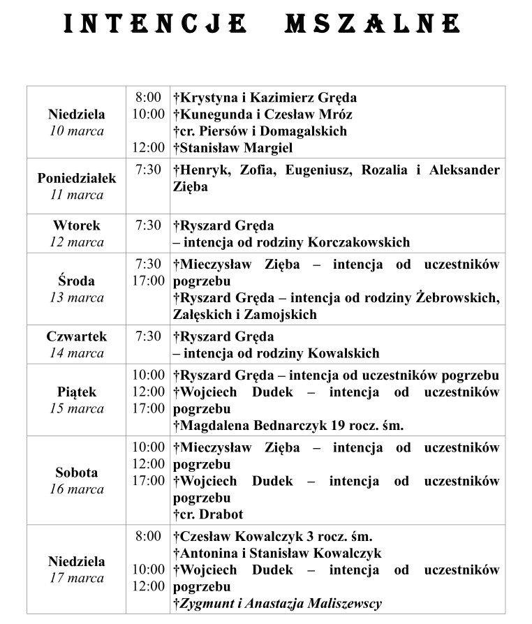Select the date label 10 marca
[77, 131]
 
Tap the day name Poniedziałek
[77, 178]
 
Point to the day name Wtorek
[77, 225]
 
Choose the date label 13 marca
[77, 298]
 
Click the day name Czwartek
[77, 336]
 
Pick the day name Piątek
[77, 392]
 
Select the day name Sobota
[77, 473]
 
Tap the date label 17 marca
[77, 578]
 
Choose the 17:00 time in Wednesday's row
[148, 281]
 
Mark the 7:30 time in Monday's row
[148, 170]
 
